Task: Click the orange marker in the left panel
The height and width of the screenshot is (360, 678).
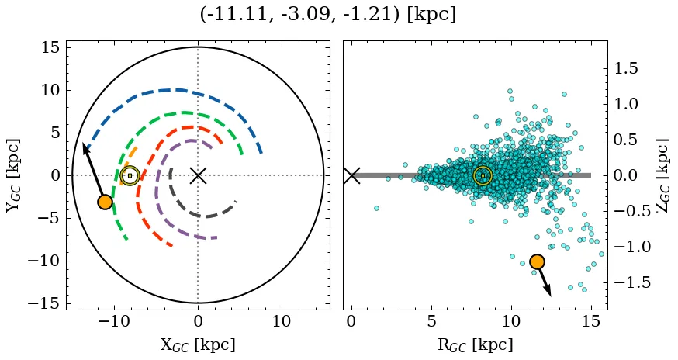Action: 105,202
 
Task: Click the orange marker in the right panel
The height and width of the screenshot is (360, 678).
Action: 537,261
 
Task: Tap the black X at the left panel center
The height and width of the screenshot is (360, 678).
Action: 198,175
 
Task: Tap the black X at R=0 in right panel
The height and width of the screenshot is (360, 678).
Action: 351,175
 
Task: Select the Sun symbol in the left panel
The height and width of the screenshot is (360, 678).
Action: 130,175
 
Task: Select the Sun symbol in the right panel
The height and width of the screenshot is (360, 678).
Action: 483,175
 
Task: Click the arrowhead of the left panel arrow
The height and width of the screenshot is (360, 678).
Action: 85,147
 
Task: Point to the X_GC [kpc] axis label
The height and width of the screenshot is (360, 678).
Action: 198,344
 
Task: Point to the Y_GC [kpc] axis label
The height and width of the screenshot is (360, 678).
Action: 14,175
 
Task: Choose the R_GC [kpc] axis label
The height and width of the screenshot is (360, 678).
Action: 475,344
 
